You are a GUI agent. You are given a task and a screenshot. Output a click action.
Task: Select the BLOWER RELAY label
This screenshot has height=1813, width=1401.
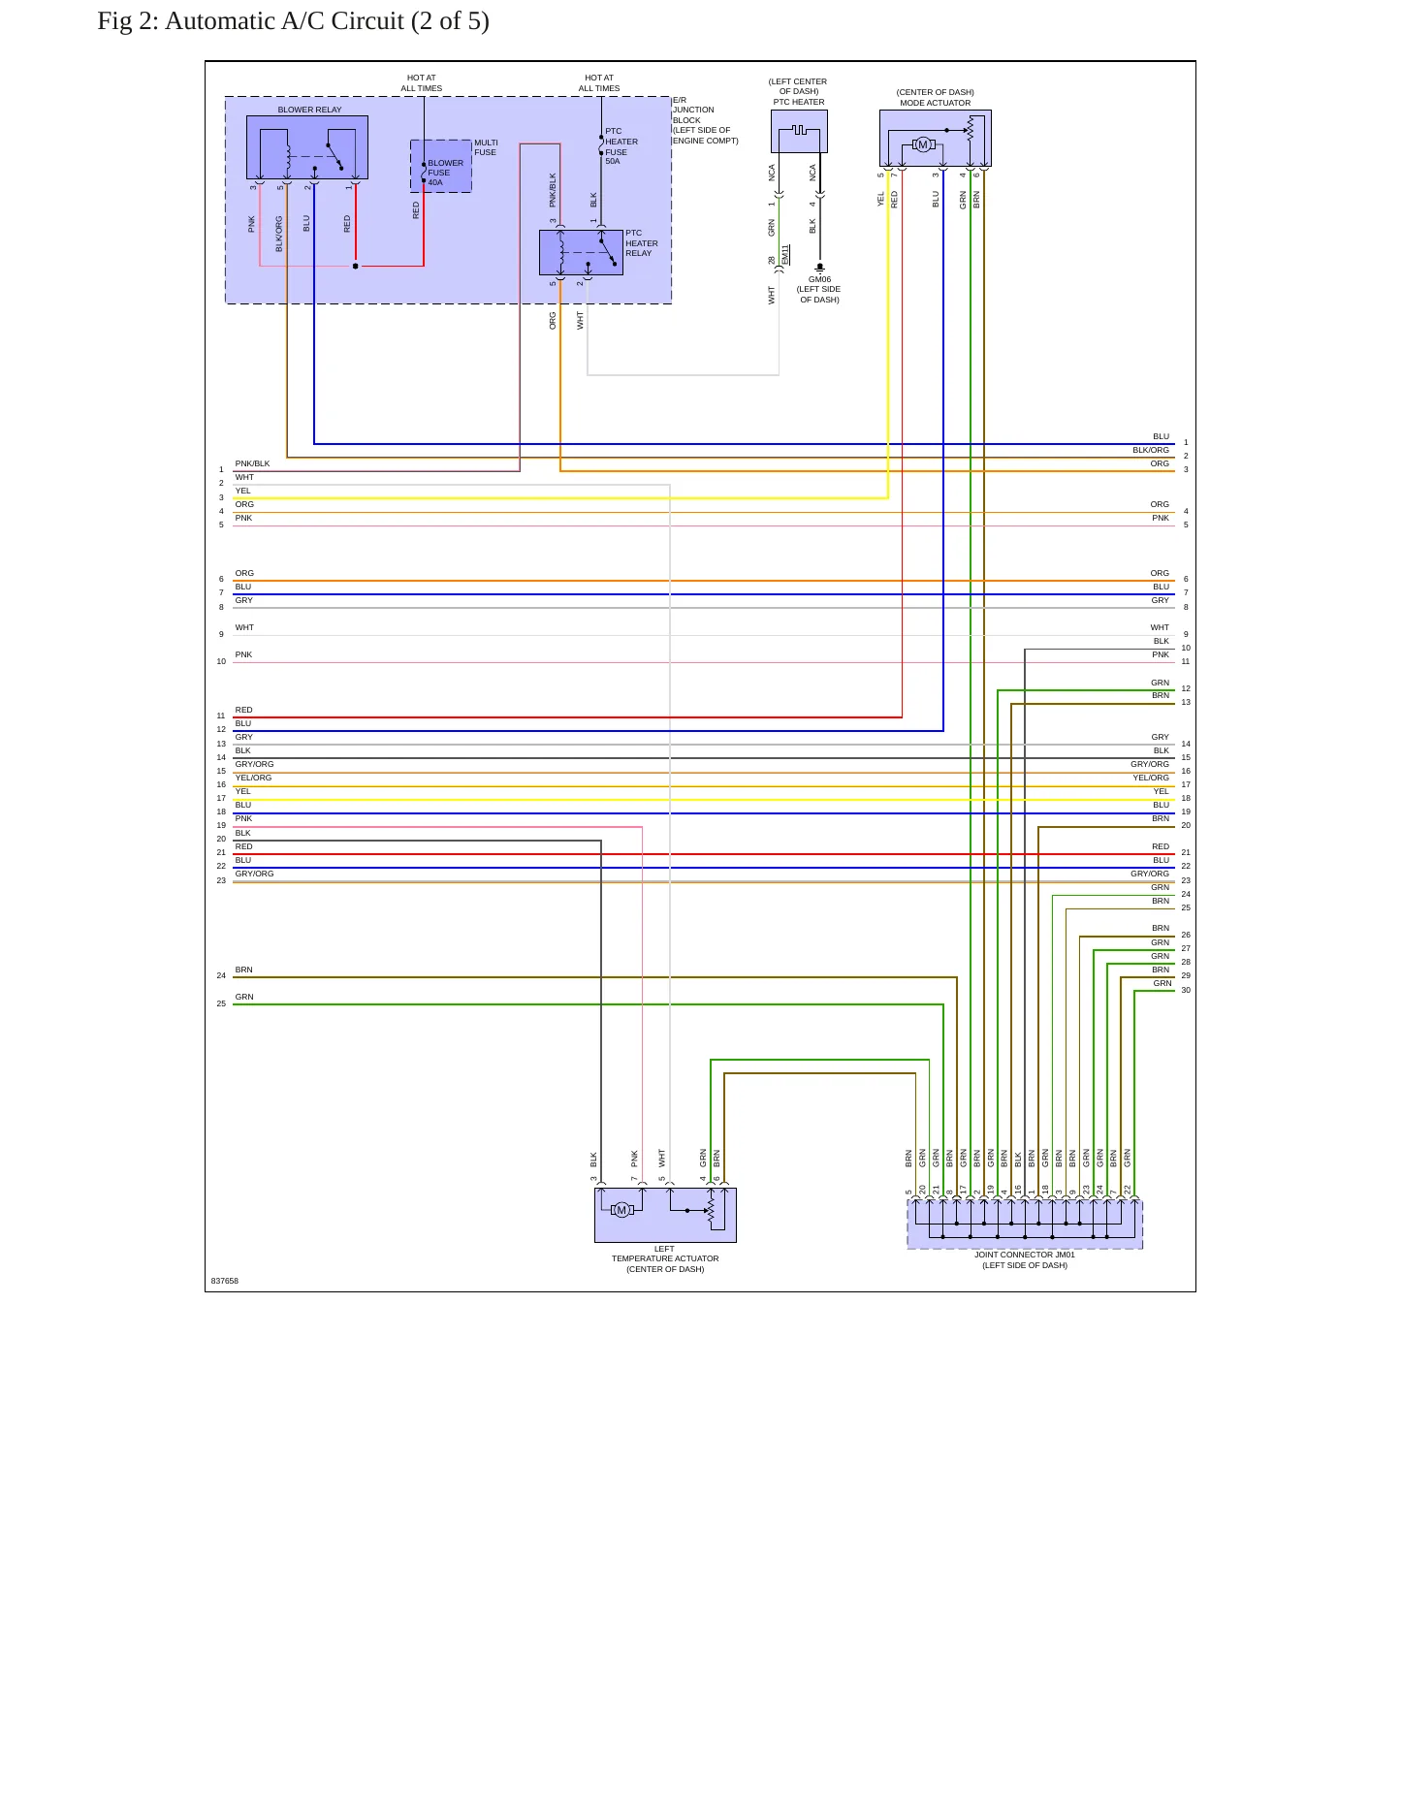pyautogui.click(x=309, y=110)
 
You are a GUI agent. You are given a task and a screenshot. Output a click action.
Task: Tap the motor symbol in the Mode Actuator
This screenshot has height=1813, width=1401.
pyautogui.click(x=923, y=144)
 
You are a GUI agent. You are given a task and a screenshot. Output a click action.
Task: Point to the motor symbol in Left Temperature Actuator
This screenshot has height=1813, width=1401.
pyautogui.click(x=622, y=1210)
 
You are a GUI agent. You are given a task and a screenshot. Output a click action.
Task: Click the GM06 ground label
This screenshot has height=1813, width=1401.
pyautogui.click(x=819, y=279)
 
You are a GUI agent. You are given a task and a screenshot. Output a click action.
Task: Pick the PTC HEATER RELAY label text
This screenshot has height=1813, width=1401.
pyautogui.click(x=641, y=243)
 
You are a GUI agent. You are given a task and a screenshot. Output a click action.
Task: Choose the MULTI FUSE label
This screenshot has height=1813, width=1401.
pyautogui.click(x=486, y=147)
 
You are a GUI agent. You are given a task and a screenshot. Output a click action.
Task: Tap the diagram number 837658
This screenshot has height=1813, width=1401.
pyautogui.click(x=224, y=1281)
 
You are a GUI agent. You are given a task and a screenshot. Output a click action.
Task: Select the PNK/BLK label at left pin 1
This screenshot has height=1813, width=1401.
pyautogui.click(x=252, y=463)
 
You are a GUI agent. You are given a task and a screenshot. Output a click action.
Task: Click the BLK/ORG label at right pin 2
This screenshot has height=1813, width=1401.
pyautogui.click(x=1151, y=450)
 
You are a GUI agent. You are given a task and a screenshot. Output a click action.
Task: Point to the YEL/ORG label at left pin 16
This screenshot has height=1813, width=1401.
pyautogui.click(x=253, y=778)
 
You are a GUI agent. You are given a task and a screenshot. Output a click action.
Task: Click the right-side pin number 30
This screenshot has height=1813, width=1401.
pyautogui.click(x=1186, y=990)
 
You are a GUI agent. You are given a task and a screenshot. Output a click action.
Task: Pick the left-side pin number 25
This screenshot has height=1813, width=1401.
pyautogui.click(x=221, y=1003)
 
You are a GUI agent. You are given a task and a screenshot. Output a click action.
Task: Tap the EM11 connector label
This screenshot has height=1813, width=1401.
pyautogui.click(x=785, y=255)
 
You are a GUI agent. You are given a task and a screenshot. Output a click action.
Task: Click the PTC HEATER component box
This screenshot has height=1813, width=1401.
pyautogui.click(x=799, y=131)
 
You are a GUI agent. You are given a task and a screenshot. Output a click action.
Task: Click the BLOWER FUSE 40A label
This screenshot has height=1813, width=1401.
pyautogui.click(x=445, y=173)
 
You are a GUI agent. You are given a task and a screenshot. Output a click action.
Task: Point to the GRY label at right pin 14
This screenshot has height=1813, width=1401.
pyautogui.click(x=1160, y=737)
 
